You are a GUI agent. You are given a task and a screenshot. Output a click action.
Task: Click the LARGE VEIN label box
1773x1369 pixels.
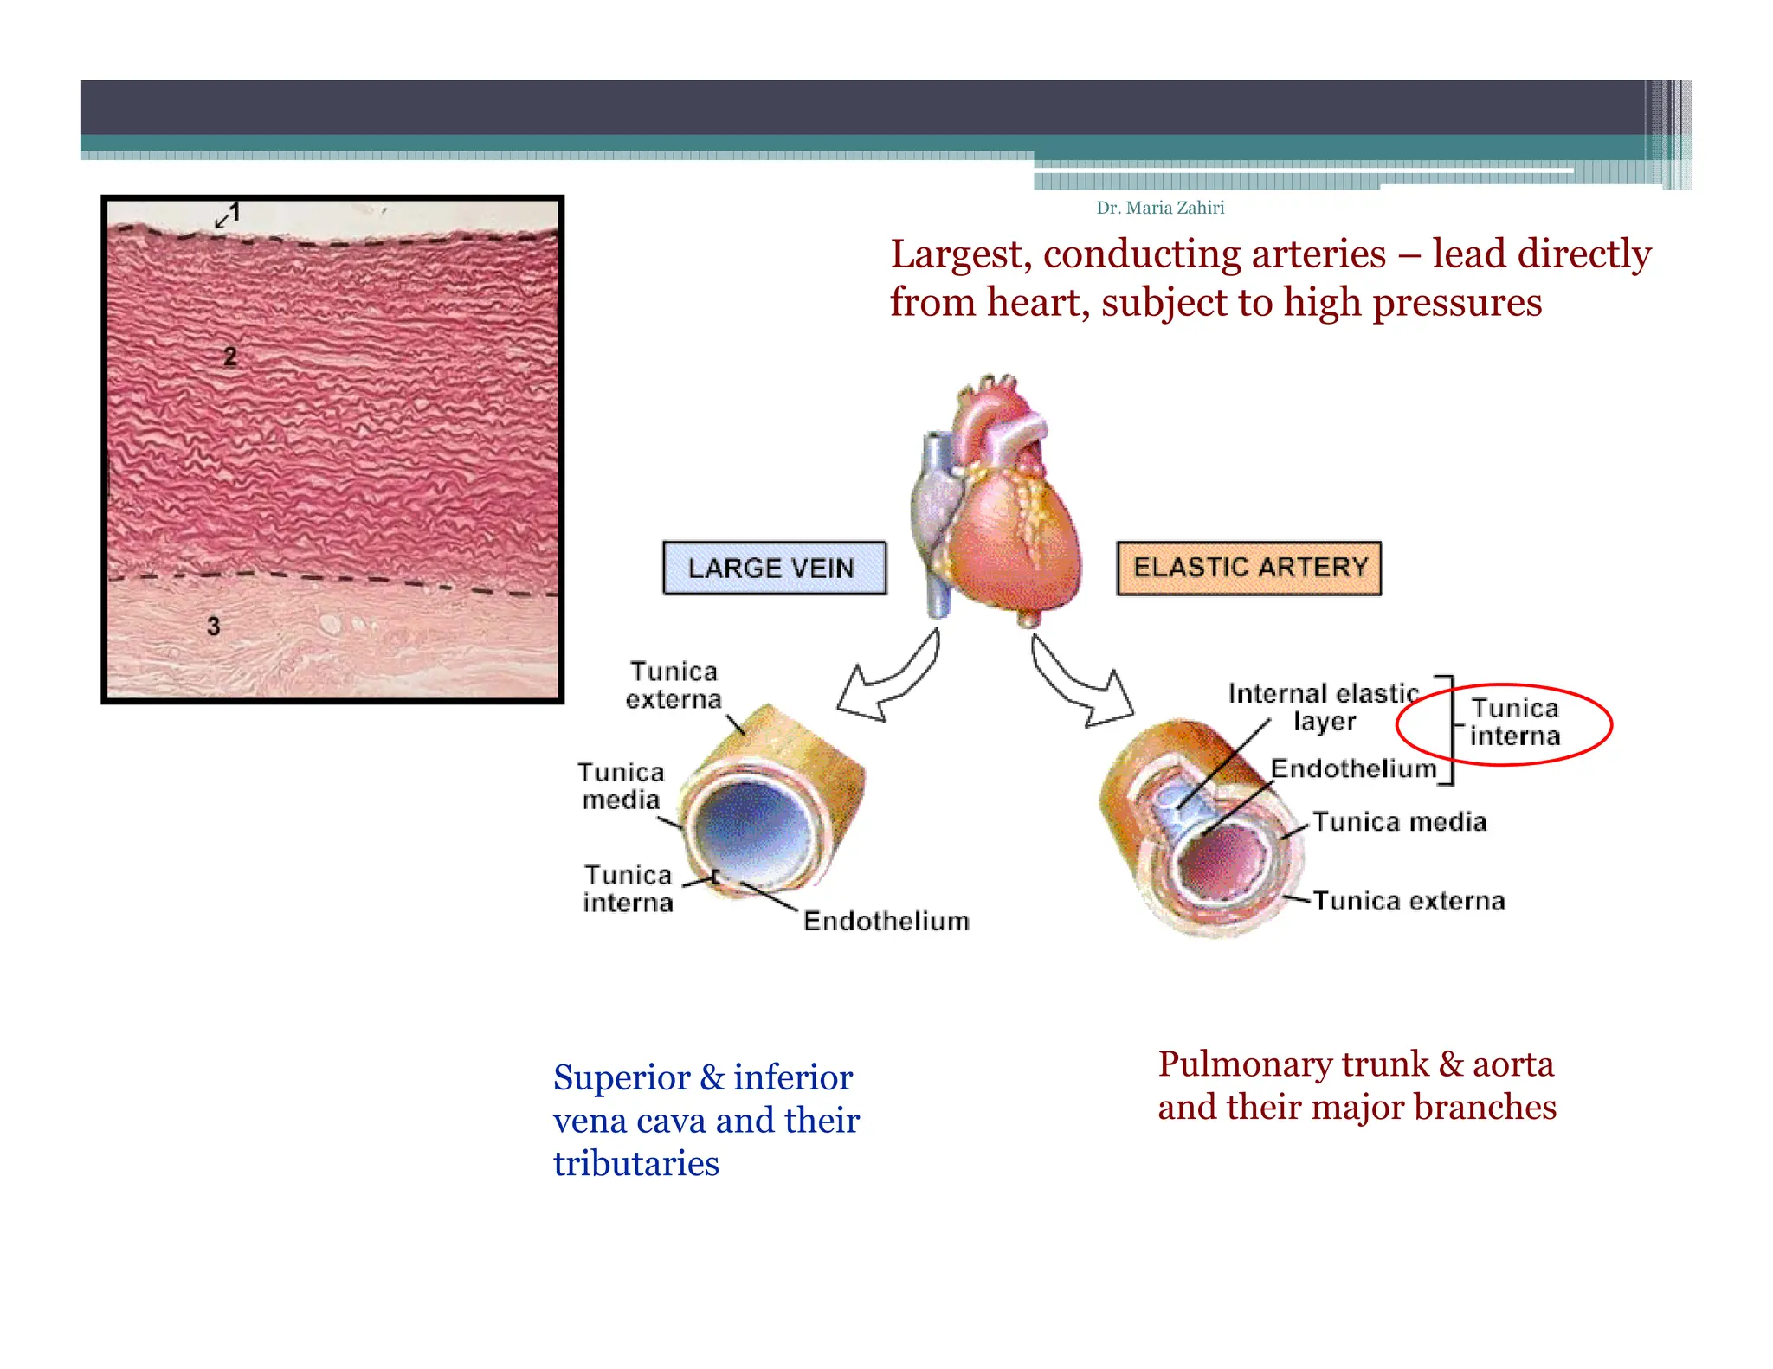774,568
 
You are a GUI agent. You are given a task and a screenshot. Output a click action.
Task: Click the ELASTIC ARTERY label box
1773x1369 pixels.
1248,568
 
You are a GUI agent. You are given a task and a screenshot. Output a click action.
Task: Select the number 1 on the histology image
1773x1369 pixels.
234,212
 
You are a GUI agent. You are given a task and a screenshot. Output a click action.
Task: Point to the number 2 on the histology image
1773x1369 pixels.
229,356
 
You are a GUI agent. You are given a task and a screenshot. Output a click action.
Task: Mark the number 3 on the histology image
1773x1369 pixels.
213,626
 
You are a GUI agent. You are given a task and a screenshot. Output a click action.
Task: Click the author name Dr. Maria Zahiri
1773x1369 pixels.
1160,208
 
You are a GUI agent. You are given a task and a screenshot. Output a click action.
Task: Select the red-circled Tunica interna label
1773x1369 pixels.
1514,722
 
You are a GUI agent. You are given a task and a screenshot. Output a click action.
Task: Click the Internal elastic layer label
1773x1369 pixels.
1323,706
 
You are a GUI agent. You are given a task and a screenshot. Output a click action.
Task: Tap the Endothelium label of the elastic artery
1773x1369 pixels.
1353,768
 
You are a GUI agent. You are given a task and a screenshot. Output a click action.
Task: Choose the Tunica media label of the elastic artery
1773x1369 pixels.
1399,821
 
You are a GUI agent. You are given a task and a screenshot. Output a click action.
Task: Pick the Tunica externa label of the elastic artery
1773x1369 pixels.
1409,901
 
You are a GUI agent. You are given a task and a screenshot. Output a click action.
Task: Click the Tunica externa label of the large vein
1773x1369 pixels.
674,684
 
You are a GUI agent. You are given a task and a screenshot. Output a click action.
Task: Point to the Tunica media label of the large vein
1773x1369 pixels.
621,786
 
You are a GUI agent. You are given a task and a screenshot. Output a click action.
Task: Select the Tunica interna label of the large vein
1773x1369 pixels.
628,889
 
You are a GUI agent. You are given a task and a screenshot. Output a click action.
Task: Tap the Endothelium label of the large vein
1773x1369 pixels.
886,921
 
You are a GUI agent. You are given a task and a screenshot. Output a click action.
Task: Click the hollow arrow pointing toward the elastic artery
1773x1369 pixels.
1082,684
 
